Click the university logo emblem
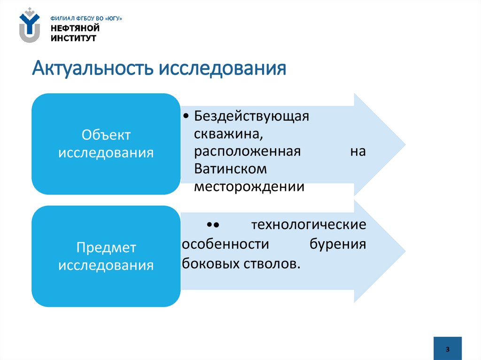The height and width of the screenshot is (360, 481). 30,26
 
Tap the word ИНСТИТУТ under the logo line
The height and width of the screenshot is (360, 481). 74,38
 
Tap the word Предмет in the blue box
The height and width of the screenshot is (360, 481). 106,247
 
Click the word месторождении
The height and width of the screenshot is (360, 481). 249,186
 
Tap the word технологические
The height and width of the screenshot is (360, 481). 309,225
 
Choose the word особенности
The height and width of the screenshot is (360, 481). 225,245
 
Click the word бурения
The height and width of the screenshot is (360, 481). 338,245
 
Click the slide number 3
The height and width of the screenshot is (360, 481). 448,349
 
